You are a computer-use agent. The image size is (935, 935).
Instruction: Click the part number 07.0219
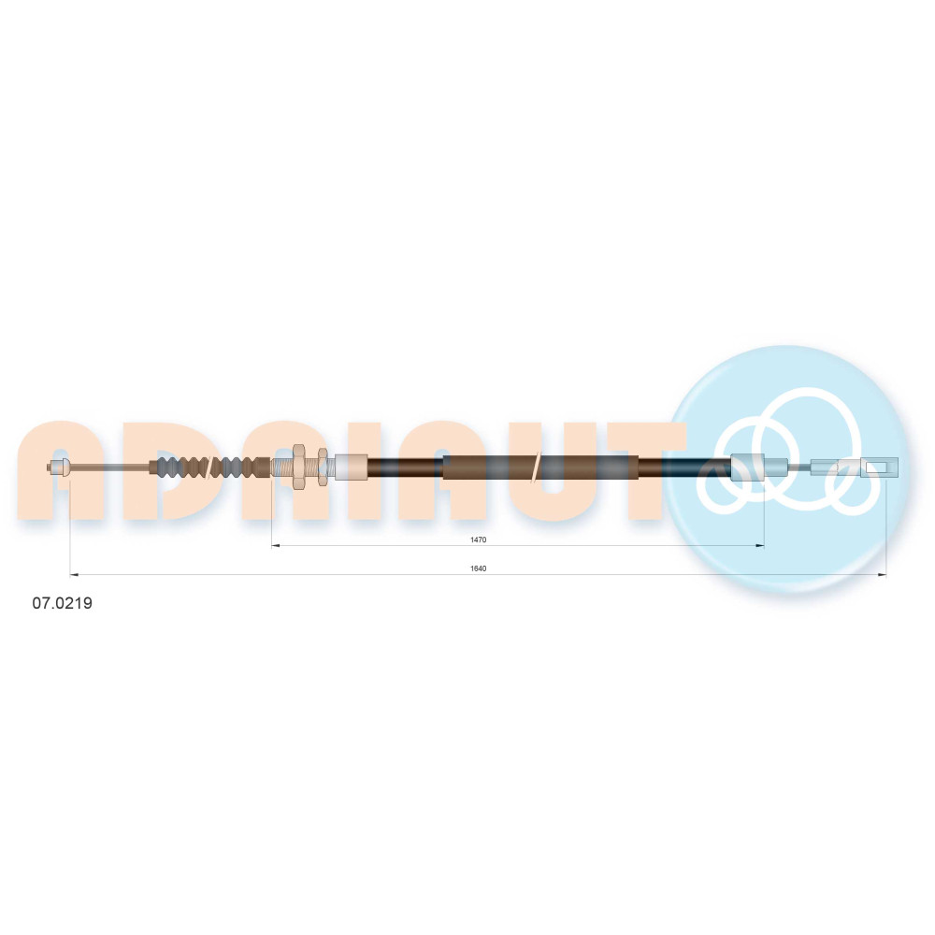[x=62, y=603]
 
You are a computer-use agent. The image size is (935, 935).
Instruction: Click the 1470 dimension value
[x=478, y=539]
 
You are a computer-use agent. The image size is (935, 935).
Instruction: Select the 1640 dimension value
[x=478, y=568]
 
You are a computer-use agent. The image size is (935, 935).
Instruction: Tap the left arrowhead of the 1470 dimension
[x=276, y=545]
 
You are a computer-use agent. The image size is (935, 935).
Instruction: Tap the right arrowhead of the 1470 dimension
[x=760, y=545]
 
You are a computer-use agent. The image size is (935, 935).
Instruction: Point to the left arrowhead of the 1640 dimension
[x=74, y=574]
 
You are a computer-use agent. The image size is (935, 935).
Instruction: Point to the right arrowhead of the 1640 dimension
[x=882, y=574]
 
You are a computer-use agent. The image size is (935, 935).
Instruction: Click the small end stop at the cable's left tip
[x=58, y=467]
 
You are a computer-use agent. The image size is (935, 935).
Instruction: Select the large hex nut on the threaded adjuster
[x=299, y=467]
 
